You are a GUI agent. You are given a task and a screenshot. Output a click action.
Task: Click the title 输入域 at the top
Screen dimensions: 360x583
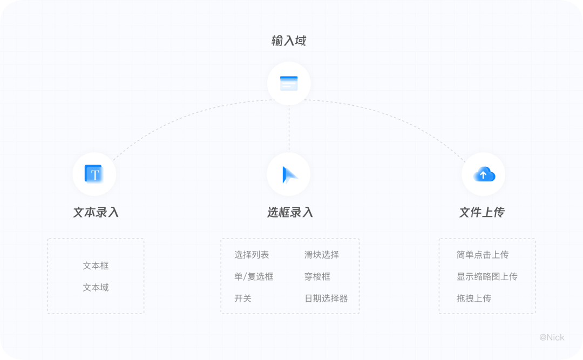[x=289, y=41]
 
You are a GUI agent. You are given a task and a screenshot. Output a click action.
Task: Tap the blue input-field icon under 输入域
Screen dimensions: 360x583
[x=289, y=83]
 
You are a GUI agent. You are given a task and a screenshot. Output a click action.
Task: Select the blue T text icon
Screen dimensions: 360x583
[x=94, y=174]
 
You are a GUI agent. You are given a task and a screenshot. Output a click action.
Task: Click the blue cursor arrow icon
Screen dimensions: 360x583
[x=289, y=174]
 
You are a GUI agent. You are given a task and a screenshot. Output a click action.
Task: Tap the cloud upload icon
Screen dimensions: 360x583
[x=484, y=174]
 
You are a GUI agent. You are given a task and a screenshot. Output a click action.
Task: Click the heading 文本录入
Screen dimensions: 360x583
[x=96, y=212]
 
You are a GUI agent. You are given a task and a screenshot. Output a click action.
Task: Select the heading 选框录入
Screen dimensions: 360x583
[x=290, y=212]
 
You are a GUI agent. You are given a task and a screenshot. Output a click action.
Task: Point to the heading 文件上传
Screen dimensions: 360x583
[x=482, y=212]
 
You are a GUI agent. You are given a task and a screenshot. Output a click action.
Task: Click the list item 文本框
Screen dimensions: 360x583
[x=96, y=266]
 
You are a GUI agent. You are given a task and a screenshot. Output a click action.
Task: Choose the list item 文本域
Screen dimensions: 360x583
[x=96, y=287]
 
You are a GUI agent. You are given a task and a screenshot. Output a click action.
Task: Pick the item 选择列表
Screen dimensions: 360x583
[x=252, y=255]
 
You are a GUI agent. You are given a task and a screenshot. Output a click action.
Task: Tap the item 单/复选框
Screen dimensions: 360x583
[x=254, y=276]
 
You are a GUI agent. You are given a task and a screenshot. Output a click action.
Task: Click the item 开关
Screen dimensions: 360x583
[x=243, y=298]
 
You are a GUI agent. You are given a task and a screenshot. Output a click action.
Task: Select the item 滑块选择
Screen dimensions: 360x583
[x=322, y=255]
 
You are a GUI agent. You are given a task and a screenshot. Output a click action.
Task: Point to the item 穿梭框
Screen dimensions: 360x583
[x=317, y=276]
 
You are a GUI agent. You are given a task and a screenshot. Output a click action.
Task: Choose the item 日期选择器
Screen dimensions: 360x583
[x=326, y=298]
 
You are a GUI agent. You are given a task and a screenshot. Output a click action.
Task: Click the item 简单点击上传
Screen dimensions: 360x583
[x=483, y=255]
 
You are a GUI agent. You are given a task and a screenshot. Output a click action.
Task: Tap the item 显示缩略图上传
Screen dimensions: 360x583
[x=487, y=276]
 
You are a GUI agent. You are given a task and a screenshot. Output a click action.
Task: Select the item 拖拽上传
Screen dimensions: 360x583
[x=474, y=298]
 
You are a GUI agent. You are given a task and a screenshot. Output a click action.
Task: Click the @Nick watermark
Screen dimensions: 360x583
[x=552, y=337]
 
